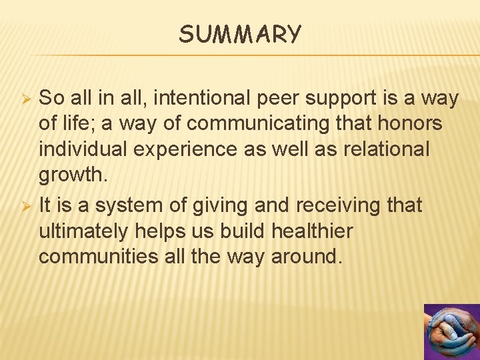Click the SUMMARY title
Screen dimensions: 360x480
click(240, 33)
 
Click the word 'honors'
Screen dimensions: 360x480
click(412, 123)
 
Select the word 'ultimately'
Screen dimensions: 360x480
click(85, 231)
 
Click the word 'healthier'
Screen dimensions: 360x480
click(311, 231)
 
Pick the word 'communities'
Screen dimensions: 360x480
click(100, 257)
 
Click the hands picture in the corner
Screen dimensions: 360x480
click(452, 332)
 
